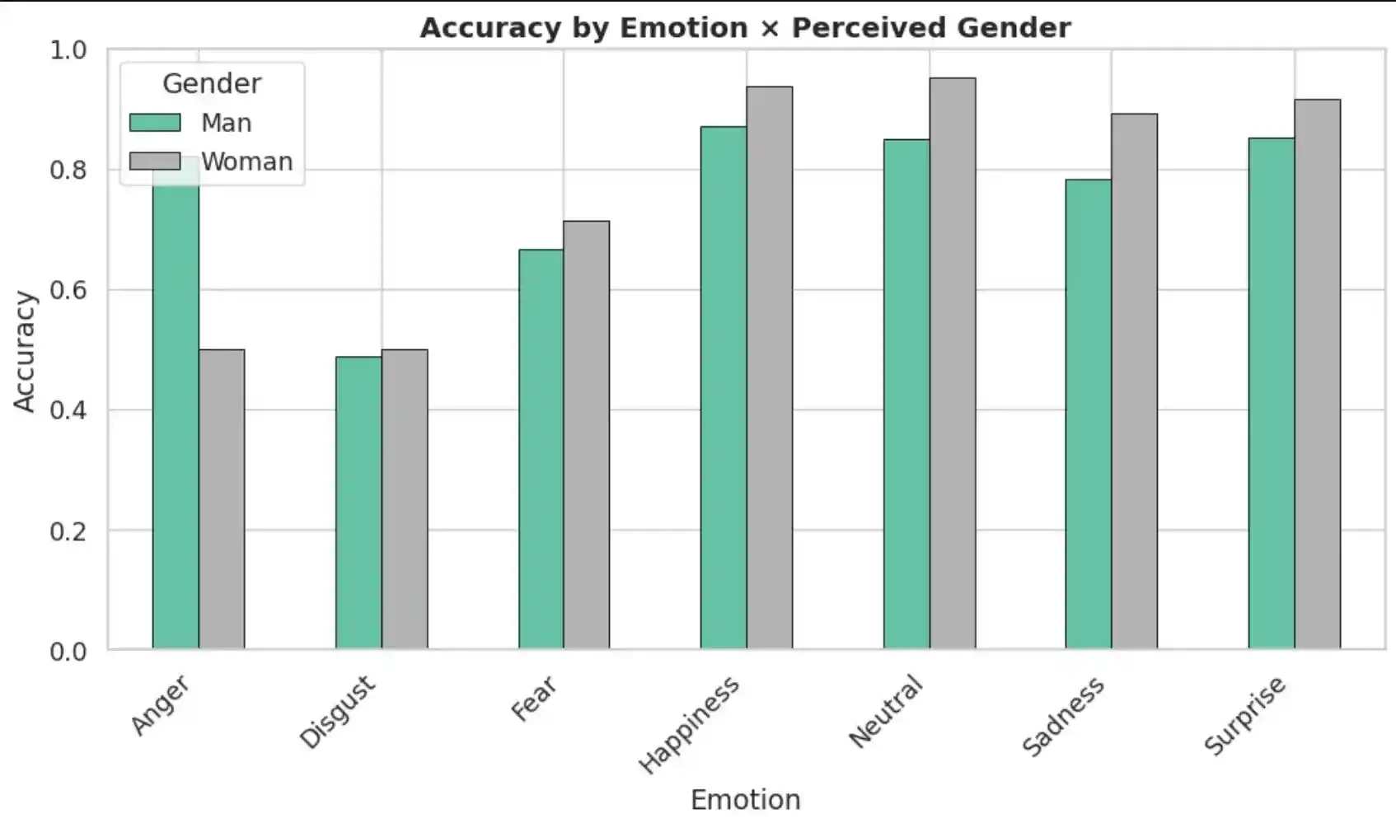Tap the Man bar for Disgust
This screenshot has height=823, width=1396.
click(x=358, y=503)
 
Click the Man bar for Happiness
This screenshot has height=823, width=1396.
click(x=724, y=387)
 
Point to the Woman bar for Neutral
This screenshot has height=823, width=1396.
click(x=953, y=363)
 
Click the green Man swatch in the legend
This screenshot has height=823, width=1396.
click(x=155, y=123)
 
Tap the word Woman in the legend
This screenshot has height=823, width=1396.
click(x=247, y=161)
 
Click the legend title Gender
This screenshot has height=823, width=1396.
click(x=212, y=83)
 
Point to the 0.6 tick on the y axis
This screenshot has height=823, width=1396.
click(x=68, y=290)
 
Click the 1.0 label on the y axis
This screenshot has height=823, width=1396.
click(x=68, y=49)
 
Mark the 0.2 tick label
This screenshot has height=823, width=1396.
click(x=68, y=531)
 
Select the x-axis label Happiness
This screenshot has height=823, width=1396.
click(x=689, y=725)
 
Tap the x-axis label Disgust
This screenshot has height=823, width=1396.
click(x=337, y=712)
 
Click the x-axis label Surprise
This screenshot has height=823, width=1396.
click(x=1244, y=714)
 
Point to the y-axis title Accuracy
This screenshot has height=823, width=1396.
click(x=25, y=351)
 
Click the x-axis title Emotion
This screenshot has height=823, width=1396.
click(x=745, y=799)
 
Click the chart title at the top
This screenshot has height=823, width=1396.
click(x=745, y=27)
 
